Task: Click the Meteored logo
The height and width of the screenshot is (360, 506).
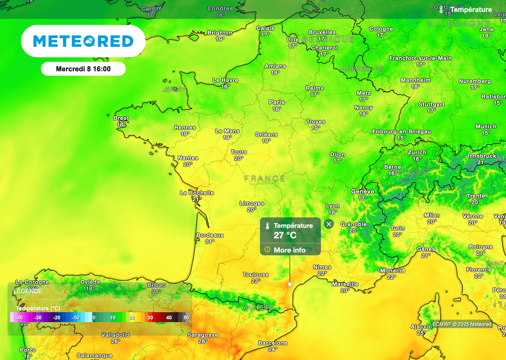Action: tap(83, 41)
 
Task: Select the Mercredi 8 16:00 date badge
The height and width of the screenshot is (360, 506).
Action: tap(83, 69)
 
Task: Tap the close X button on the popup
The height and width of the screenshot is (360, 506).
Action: tap(329, 224)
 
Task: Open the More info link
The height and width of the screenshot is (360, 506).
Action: tap(290, 250)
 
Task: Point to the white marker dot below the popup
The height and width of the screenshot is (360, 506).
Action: tap(290, 284)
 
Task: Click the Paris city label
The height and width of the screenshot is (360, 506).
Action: tap(277, 102)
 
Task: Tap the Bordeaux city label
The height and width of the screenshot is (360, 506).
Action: tap(210, 235)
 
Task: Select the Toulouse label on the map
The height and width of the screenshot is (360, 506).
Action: tap(256, 275)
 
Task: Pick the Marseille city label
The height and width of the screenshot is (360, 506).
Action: tap(345, 284)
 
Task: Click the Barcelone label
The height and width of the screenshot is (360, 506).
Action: tap(273, 343)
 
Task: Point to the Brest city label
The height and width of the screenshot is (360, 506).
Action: tap(121, 118)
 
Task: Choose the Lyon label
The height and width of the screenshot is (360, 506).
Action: tap(333, 206)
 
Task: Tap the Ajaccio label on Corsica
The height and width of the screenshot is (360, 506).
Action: tap(421, 326)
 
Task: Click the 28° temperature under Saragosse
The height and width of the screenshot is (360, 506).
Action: tap(203, 341)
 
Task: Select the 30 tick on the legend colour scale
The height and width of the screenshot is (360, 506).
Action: tap(150, 318)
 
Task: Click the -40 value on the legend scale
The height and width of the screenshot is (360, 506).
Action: tap(19, 318)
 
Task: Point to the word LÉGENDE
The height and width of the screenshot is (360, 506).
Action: tap(28, 291)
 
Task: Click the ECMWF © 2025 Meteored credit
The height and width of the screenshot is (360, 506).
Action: tap(462, 324)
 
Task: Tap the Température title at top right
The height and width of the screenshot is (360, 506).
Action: tap(471, 10)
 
